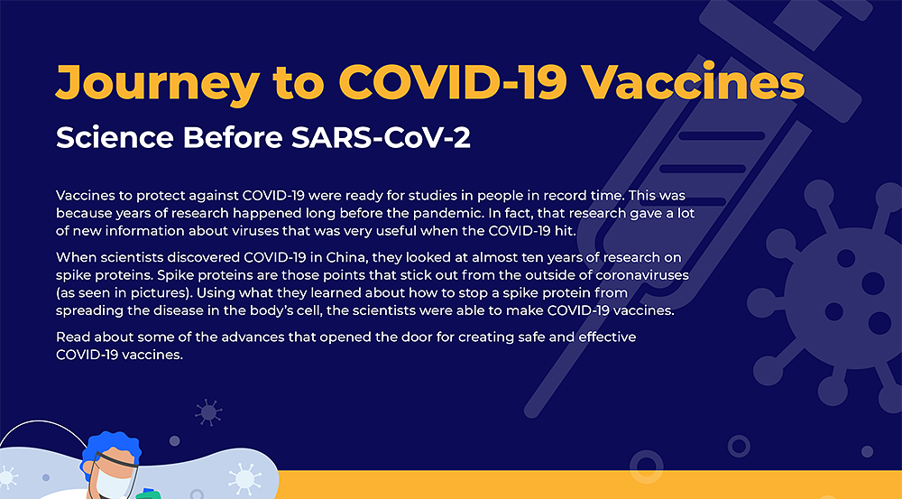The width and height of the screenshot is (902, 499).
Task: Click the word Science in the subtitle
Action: pyautogui.click(x=115, y=137)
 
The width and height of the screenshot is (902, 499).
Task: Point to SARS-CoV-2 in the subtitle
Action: pyautogui.click(x=381, y=137)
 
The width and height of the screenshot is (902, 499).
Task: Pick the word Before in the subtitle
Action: pyautogui.click(x=233, y=137)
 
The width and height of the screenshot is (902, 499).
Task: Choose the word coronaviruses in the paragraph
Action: pyautogui.click(x=642, y=274)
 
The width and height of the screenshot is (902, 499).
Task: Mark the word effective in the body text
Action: pyautogui.click(x=607, y=337)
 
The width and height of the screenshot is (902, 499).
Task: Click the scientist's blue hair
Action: pyautogui.click(x=111, y=446)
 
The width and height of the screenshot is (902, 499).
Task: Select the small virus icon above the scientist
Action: pyautogui.click(x=208, y=412)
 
